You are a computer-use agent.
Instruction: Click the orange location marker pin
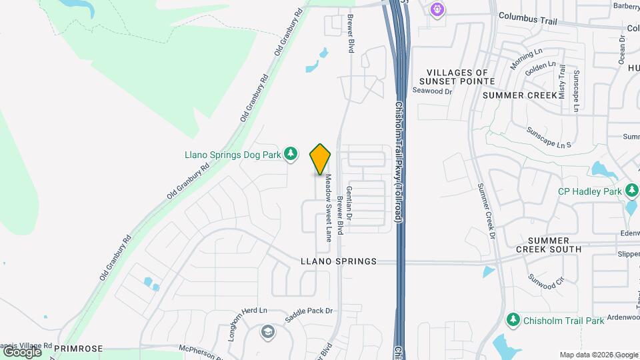pos(321,159)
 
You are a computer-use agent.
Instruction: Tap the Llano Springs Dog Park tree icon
pos(291,155)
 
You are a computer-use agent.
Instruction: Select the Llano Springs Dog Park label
pos(233,155)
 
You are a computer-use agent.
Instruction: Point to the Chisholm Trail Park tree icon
pos(513,321)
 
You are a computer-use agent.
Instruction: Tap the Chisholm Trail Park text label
pos(563,321)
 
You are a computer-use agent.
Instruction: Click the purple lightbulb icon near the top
pos(437,9)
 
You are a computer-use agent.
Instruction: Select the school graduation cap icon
pos(267,332)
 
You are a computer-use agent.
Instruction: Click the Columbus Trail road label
pos(527,20)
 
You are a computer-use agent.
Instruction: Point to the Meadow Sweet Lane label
pos(328,208)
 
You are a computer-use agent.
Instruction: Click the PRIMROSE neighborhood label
pos(78,348)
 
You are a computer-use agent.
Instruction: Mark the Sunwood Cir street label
pos(546,281)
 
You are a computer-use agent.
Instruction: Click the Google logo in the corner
pos(22,351)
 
